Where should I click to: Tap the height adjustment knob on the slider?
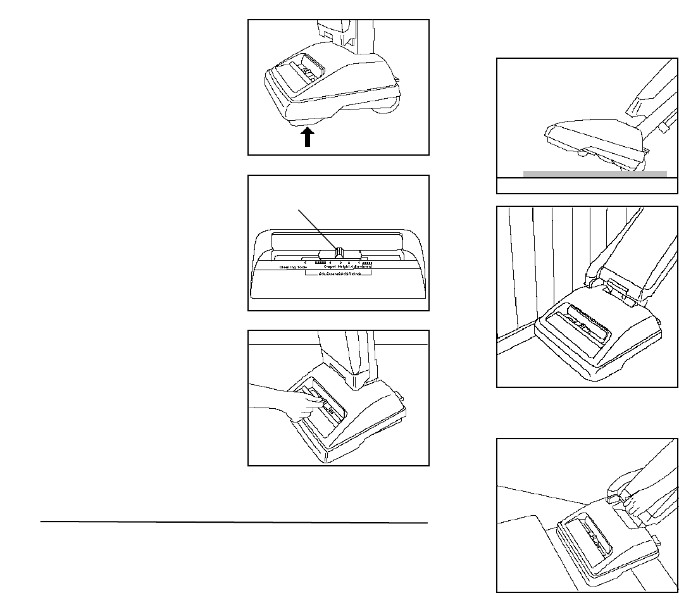pos(339,253)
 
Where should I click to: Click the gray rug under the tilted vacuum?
pos(595,173)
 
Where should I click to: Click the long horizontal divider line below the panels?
pos(234,523)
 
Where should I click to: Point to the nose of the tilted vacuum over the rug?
pos(547,135)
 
